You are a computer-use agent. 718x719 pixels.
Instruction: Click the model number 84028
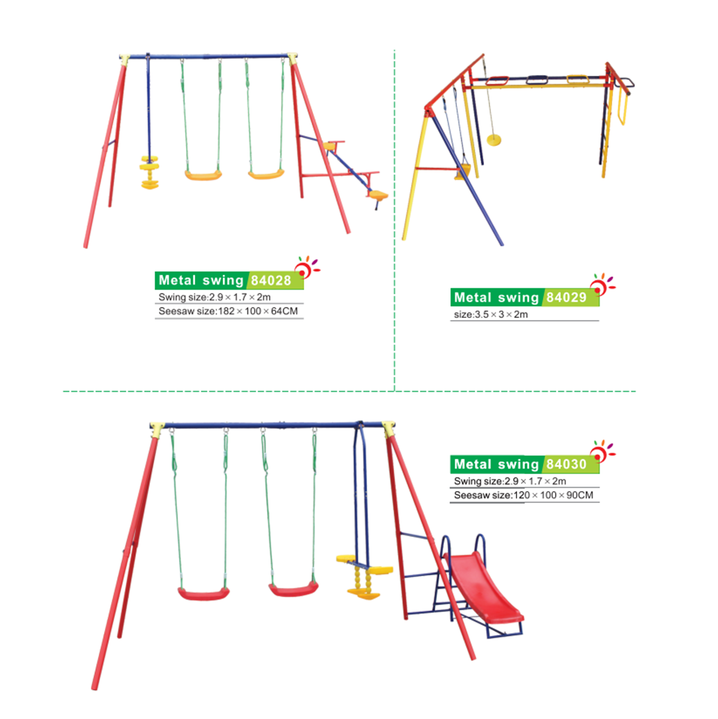click(271, 280)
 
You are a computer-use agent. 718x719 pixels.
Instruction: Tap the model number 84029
click(567, 297)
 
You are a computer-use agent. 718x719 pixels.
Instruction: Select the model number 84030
click(567, 464)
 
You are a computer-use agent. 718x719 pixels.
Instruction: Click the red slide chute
click(484, 587)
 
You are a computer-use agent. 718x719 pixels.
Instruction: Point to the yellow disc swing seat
click(494, 139)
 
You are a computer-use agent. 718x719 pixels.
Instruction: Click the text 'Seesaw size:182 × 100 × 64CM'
click(229, 311)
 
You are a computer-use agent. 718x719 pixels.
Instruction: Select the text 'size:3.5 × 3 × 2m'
click(491, 315)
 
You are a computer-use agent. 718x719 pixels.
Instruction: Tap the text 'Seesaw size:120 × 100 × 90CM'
click(523, 495)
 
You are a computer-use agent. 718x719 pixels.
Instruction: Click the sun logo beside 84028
click(306, 267)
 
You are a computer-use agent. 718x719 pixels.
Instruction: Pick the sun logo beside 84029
click(602, 284)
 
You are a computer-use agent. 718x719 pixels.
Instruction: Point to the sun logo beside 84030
click(602, 451)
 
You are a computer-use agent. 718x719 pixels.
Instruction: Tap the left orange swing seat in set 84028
click(204, 175)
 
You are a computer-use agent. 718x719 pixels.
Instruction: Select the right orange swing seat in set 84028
click(266, 175)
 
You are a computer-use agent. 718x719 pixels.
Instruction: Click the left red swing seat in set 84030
click(204, 594)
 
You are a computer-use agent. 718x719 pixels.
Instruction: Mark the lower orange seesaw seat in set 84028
click(377, 195)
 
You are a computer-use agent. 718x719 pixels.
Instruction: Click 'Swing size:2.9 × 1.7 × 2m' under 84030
click(510, 481)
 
